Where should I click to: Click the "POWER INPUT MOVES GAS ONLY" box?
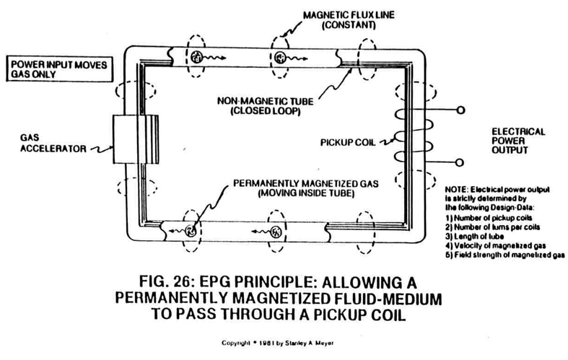tap(59, 69)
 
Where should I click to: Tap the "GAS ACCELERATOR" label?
tap(53, 143)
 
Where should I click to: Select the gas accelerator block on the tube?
tap(136, 139)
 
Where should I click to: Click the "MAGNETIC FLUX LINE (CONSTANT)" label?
tap(349, 20)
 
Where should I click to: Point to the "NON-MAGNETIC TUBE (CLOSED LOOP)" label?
tap(265, 106)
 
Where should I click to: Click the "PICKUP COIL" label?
tap(348, 142)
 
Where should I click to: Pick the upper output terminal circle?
tap(460, 110)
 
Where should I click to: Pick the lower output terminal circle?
tap(460, 162)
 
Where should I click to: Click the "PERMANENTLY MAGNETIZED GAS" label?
tap(306, 183)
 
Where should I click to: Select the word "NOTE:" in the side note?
tap(457, 190)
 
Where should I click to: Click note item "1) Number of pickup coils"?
tap(489, 218)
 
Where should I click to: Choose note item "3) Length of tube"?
tap(475, 237)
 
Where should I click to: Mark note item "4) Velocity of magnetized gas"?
tap(496, 246)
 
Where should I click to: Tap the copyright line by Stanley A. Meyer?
tap(277, 343)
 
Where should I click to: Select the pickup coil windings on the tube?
tap(413, 136)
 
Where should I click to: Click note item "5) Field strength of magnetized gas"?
tap(505, 255)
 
